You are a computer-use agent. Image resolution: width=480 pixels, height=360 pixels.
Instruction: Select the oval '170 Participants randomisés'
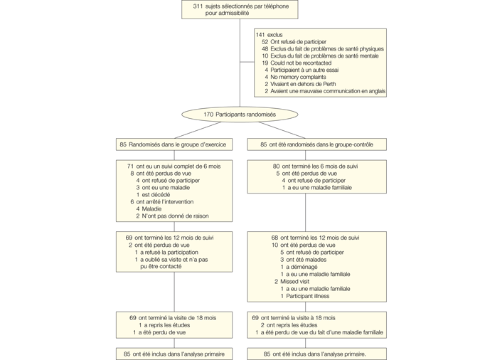pyautogui.click(x=240, y=114)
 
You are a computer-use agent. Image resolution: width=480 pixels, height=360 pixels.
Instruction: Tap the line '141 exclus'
pyautogui.click(x=270, y=34)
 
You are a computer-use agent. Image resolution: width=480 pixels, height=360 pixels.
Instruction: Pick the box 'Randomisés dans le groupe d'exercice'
pyautogui.click(x=174, y=144)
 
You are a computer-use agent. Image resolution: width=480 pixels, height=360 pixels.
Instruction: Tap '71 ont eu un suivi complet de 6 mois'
pyautogui.click(x=174, y=166)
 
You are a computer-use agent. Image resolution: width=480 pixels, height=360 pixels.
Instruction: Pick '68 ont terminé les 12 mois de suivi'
pyautogui.click(x=315, y=238)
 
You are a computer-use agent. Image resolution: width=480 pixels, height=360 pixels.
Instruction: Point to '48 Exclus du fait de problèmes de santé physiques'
pyautogui.click(x=322, y=49)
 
